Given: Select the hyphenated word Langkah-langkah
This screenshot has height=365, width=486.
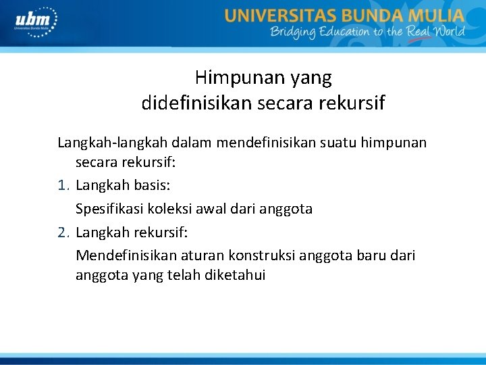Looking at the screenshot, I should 112,143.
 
